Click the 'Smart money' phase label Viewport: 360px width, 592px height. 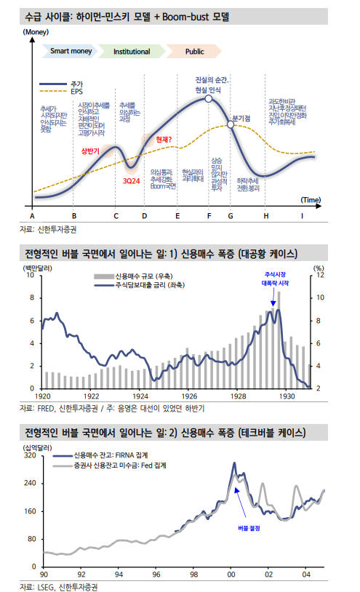pyautogui.click(x=70, y=52)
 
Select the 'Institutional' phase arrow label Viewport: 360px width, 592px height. pyautogui.click(x=131, y=52)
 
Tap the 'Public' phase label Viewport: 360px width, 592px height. pyautogui.click(x=194, y=52)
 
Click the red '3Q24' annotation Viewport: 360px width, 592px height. pyautogui.click(x=132, y=179)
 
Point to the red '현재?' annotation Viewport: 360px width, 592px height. pyautogui.click(x=162, y=139)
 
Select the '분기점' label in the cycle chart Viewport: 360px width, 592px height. pyautogui.click(x=241, y=118)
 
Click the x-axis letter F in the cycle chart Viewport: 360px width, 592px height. pyautogui.click(x=209, y=216)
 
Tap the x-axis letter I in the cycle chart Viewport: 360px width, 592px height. pyautogui.click(x=303, y=216)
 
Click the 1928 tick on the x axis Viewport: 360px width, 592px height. pyautogui.click(x=239, y=396)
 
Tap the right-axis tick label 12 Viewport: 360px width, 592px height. pyautogui.click(x=319, y=276)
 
